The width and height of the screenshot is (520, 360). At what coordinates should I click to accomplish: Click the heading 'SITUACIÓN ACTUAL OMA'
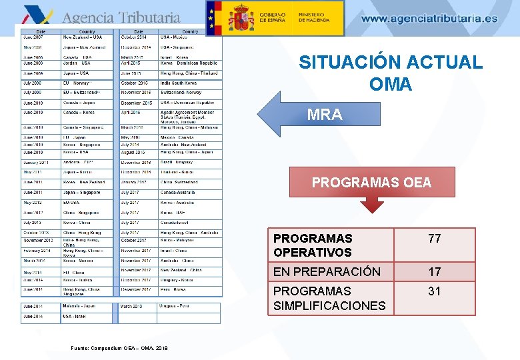(390, 73)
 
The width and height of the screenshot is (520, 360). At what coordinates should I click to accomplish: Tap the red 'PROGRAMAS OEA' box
(371, 182)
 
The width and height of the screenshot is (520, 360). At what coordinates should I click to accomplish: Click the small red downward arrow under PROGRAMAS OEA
(371, 205)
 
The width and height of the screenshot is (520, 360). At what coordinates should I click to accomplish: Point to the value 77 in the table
(435, 239)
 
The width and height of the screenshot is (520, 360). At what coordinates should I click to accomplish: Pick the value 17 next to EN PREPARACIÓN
(435, 272)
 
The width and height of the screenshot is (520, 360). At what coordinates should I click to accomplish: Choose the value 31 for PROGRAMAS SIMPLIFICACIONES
(435, 291)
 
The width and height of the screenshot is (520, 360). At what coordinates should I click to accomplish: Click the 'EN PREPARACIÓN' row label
(327, 272)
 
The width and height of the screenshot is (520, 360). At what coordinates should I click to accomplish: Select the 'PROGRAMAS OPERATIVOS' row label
(313, 245)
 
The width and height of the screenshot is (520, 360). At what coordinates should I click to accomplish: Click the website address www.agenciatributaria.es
(429, 19)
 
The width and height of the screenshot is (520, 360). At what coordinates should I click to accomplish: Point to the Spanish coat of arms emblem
(241, 18)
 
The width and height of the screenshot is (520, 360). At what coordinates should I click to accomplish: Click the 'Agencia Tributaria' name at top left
(121, 18)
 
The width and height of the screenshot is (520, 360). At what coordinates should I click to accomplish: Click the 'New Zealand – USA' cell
(83, 38)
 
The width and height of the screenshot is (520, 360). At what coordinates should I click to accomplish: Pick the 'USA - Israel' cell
(74, 317)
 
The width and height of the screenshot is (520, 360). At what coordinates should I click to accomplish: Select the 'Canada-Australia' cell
(177, 193)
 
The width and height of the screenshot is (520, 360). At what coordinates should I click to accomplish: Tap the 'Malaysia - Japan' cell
(80, 307)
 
